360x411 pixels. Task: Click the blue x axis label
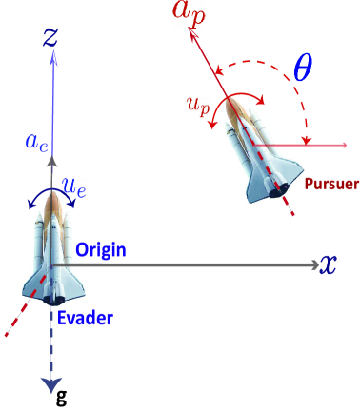click(x=329, y=264)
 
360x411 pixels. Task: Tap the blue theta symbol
click(x=302, y=67)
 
